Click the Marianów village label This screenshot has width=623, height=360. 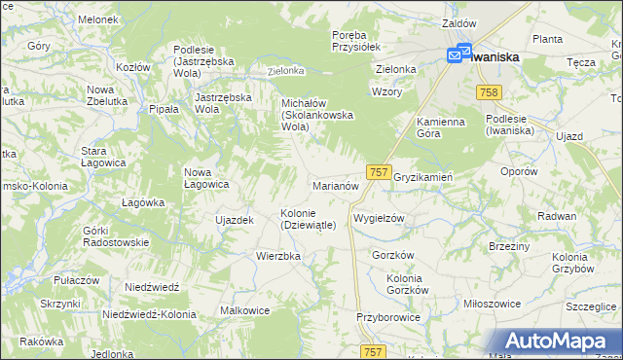336,185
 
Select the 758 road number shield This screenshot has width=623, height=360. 490,91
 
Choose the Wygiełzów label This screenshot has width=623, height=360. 379,219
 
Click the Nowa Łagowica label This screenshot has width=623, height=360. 206,178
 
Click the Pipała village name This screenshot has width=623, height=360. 164,110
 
